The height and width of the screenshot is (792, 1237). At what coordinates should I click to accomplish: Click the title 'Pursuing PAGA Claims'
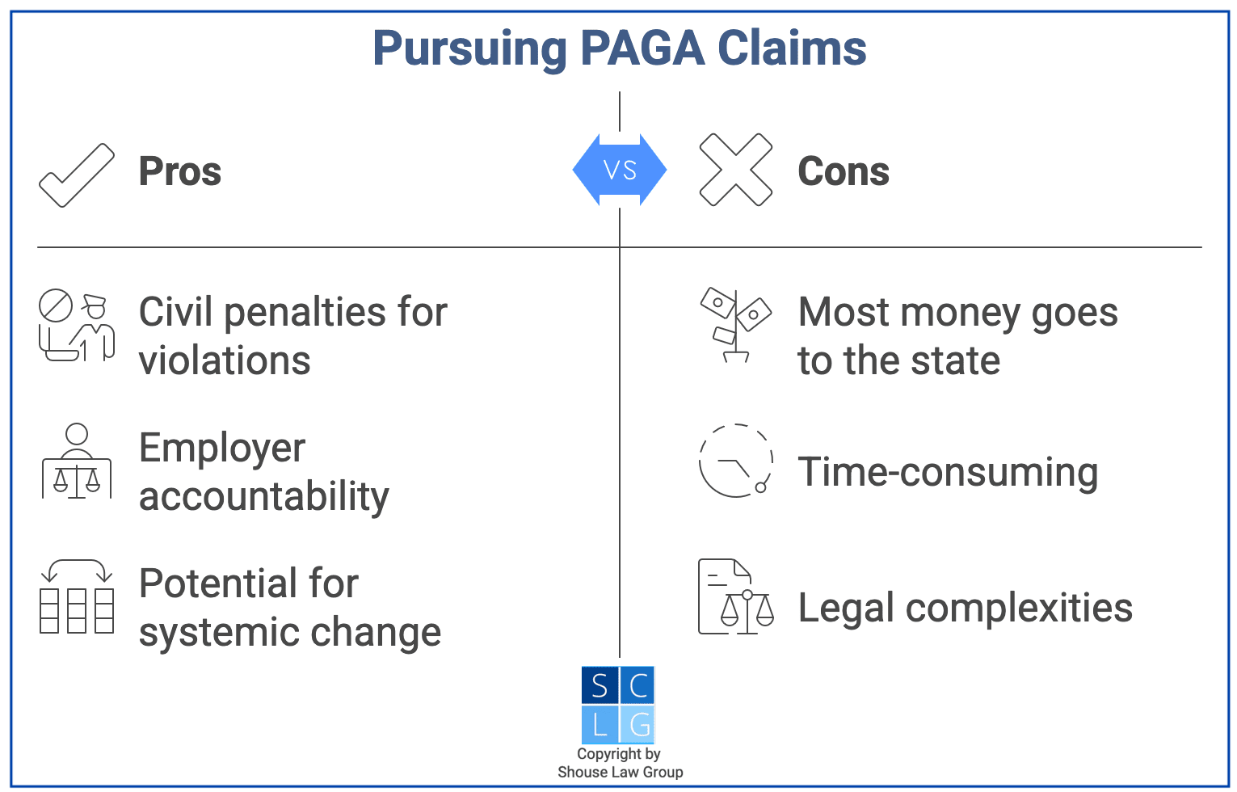pos(619,48)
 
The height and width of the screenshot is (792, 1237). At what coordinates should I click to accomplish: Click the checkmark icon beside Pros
pos(77,174)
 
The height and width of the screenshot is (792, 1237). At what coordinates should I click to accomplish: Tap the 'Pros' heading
pos(179,171)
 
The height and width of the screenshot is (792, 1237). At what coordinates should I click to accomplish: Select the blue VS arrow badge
pos(620,170)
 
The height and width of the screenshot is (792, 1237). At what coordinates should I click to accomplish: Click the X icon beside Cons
pos(735,170)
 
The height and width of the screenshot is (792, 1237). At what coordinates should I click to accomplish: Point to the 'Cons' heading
pos(844,171)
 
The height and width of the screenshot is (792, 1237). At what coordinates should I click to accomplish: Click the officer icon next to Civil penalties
pos(78,326)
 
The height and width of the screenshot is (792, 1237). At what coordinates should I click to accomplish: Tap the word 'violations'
pos(225,360)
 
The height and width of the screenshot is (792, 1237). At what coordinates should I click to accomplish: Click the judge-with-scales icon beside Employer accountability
pos(77,461)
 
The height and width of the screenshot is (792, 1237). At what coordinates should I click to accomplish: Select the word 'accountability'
pos(263,496)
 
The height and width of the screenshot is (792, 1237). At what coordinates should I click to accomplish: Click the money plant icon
pos(735,325)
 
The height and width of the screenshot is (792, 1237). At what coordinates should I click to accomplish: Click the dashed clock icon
pos(735,461)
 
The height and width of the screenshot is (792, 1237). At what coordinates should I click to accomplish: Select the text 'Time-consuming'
pos(948,472)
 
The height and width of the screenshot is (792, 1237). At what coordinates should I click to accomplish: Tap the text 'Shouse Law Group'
pos(620,772)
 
